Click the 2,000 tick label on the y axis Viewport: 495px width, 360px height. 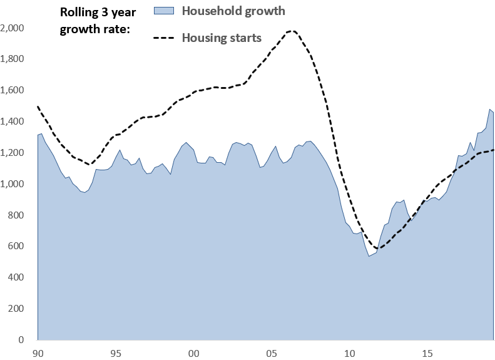click(x=13, y=28)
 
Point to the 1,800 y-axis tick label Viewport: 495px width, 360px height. click(x=13, y=59)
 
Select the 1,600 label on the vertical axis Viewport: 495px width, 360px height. click(x=13, y=91)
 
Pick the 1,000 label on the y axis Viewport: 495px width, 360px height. click(x=13, y=184)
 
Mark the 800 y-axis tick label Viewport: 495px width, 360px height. click(x=16, y=215)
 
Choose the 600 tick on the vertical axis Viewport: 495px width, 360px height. click(x=16, y=247)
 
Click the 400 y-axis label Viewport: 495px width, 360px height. click(x=16, y=278)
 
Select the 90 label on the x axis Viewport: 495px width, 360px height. click(x=39, y=352)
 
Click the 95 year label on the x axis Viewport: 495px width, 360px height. click(x=116, y=352)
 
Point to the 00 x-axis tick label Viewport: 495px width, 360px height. click(x=194, y=352)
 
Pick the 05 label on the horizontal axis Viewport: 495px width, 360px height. click(x=272, y=352)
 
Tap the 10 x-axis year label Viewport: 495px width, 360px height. click(x=349, y=352)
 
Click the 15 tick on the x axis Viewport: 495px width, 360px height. click(x=427, y=352)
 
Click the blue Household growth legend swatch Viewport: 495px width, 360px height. click(x=164, y=11)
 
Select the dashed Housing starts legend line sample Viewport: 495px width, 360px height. click(x=164, y=38)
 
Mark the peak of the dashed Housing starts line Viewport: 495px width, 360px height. click(x=292, y=31)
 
